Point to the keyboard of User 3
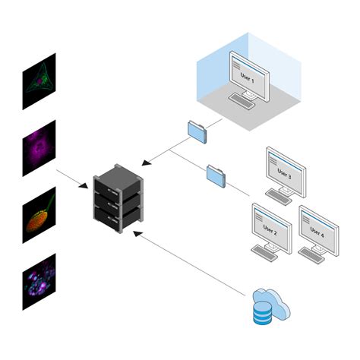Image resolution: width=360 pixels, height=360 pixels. pos(279,197)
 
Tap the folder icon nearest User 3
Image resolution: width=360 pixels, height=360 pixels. pos(216,175)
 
